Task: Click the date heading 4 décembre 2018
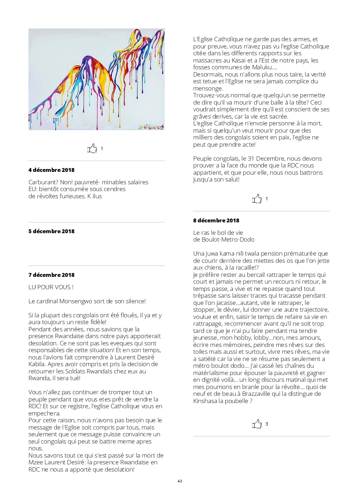(51, 170)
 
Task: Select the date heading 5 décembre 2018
(51, 231)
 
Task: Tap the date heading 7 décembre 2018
(51, 275)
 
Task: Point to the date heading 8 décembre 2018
(216, 220)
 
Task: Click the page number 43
(180, 481)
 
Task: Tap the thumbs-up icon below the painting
(92, 149)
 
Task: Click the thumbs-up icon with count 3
(257, 424)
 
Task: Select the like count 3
(267, 424)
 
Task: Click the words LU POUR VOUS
(51, 287)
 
